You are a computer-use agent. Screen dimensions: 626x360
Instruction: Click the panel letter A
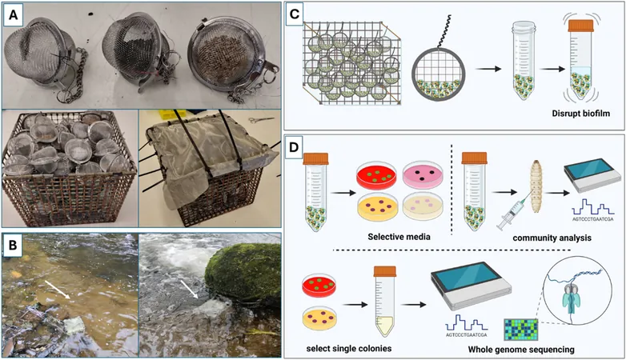click(x=14, y=14)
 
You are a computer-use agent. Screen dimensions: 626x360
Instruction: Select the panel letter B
click(x=13, y=245)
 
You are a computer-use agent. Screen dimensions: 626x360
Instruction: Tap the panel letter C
click(x=295, y=14)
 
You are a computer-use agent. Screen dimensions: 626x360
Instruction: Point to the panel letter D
click(x=294, y=146)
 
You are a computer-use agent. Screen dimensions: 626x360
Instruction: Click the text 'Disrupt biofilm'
click(x=581, y=114)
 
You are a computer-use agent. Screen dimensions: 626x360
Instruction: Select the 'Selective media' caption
click(x=399, y=237)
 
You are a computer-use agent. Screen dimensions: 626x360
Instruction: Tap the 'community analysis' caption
click(x=552, y=238)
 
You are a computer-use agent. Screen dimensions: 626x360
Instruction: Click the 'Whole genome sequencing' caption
click(x=521, y=350)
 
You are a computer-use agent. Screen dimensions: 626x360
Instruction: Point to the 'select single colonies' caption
click(x=349, y=349)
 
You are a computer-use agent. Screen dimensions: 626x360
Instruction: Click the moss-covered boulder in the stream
click(x=243, y=273)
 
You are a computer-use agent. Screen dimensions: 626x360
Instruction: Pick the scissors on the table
click(x=261, y=119)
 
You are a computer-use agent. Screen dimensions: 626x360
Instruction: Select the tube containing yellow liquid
click(x=385, y=302)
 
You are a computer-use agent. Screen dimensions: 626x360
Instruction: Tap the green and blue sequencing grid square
click(x=520, y=330)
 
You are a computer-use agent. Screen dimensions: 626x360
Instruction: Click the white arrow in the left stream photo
click(x=58, y=290)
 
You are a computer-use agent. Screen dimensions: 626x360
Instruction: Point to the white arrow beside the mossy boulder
click(x=189, y=289)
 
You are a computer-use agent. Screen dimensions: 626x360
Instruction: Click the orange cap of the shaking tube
click(x=581, y=26)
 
